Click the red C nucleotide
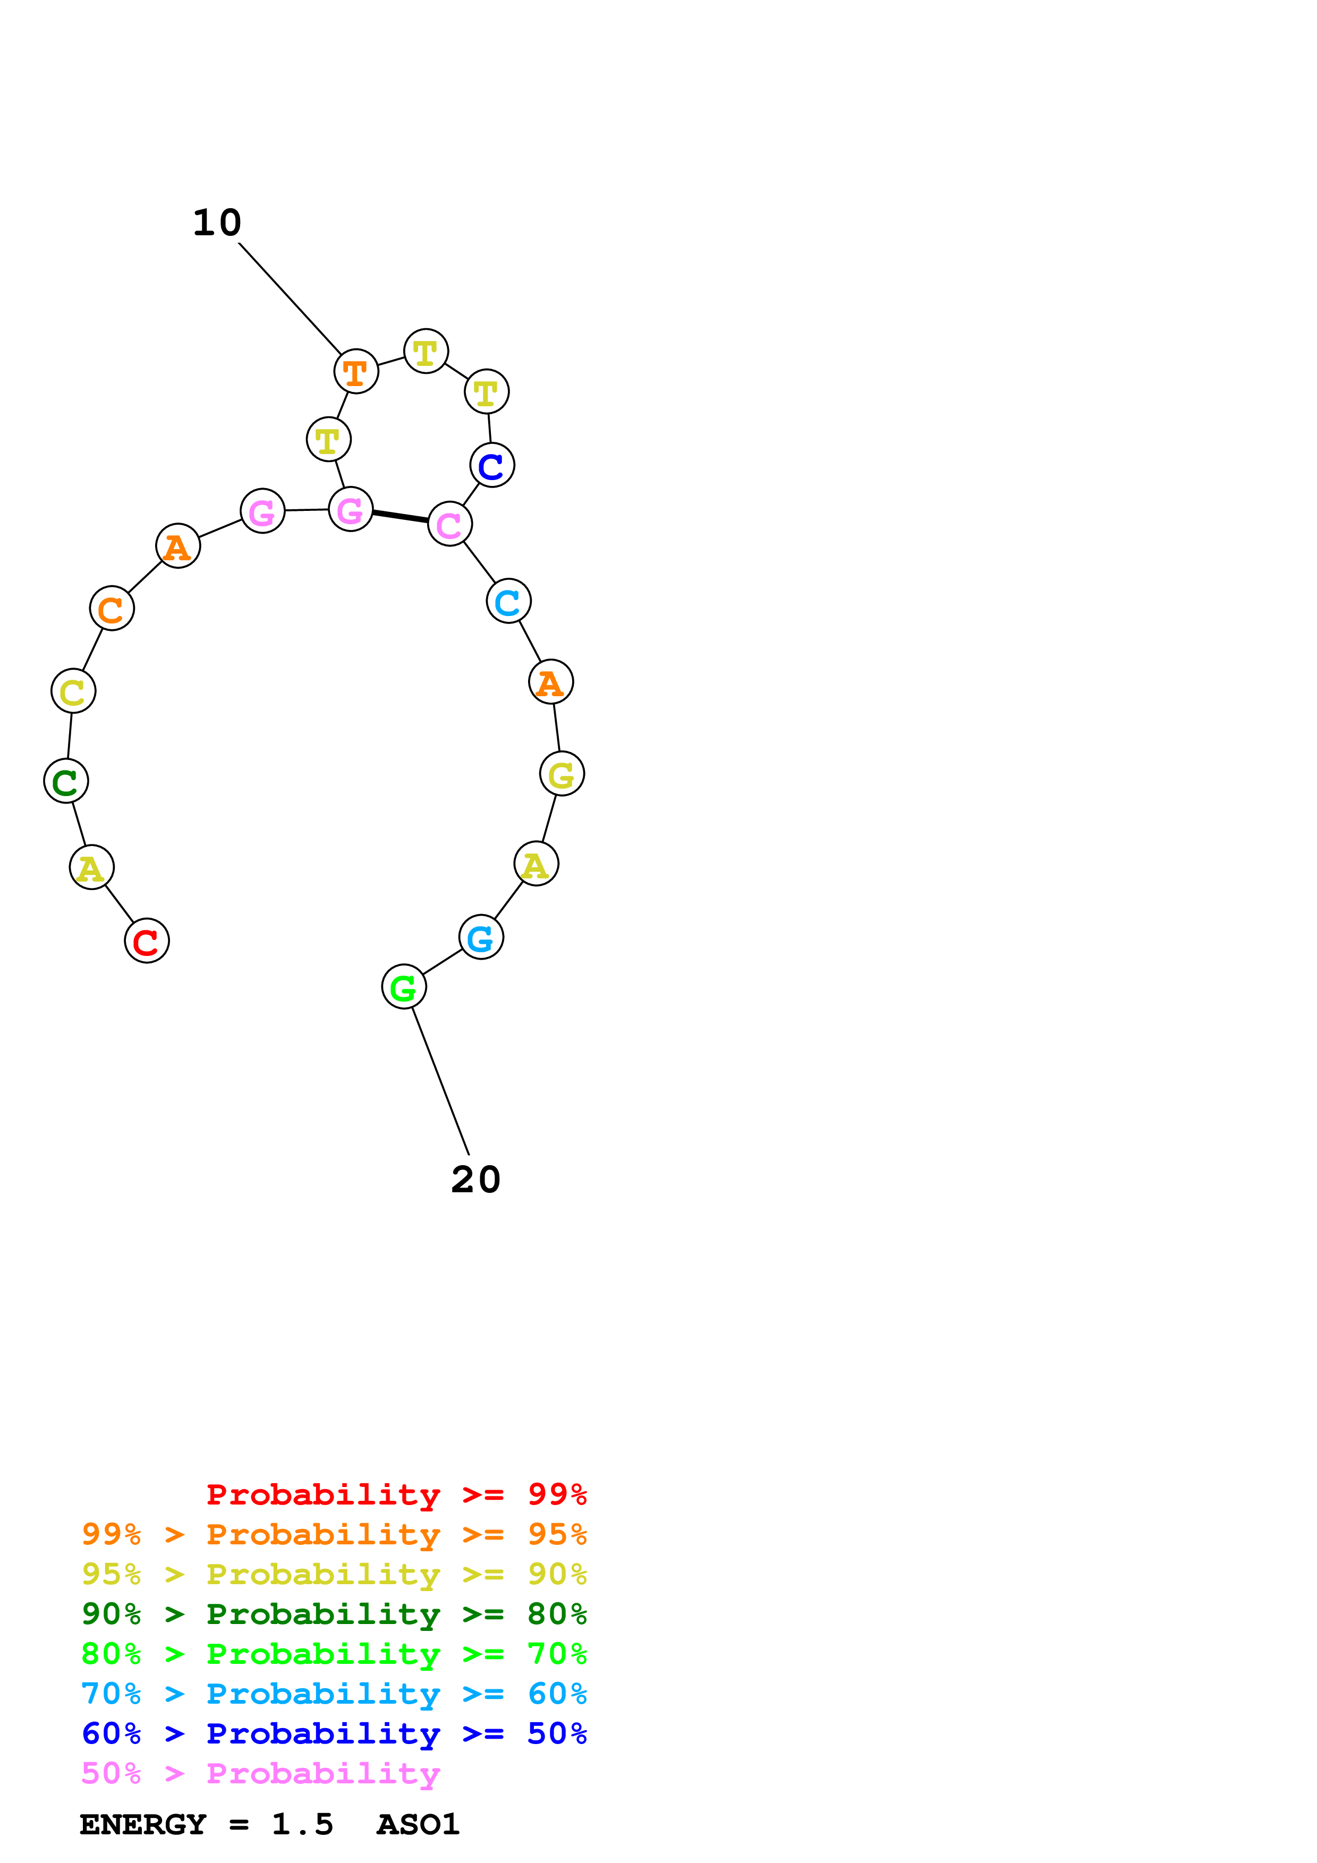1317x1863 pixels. (146, 941)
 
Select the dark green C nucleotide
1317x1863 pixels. (66, 781)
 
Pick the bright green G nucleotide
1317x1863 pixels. (403, 987)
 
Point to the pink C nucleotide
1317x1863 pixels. (449, 524)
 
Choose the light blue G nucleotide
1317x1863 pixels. (481, 937)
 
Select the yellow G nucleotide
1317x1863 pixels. (562, 774)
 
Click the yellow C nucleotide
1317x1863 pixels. (73, 691)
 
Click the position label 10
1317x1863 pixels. (217, 223)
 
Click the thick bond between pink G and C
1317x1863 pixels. (400, 517)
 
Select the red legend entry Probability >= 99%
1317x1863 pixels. (396, 1494)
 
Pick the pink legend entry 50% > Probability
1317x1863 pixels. (260, 1774)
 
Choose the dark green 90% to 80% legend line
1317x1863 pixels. (334, 1614)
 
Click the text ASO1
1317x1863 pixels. (418, 1825)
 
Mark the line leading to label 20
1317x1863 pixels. (440, 1081)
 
